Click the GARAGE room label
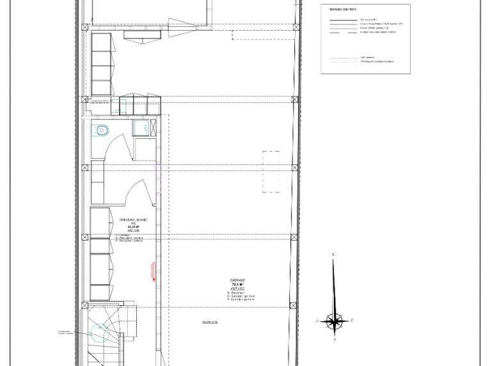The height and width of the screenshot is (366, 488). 238,280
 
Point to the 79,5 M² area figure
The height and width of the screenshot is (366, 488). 238,285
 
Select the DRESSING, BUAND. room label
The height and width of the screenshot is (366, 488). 133,220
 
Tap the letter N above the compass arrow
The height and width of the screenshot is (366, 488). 333,255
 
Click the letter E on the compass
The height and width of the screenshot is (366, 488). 352,320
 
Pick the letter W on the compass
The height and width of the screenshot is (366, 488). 317,321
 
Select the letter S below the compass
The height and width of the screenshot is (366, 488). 334,340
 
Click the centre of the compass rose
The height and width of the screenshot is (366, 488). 334,321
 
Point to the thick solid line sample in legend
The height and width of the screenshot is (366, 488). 342,20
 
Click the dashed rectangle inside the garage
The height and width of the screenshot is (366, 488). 271,171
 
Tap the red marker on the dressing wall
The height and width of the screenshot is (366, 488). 153,271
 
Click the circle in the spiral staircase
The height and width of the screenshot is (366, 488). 100,332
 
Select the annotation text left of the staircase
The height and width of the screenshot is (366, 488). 65,332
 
